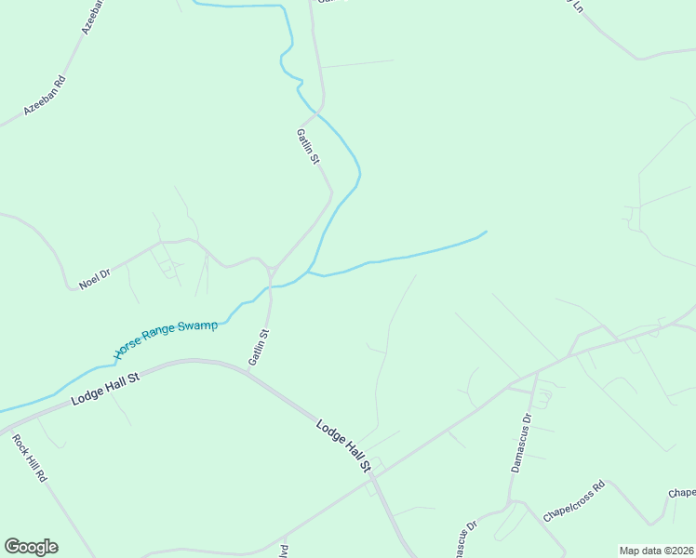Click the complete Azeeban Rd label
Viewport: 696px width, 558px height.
click(x=45, y=94)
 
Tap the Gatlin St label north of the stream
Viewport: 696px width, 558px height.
click(x=308, y=146)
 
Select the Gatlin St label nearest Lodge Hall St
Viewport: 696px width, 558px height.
click(x=258, y=346)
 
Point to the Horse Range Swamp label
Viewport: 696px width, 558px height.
click(x=166, y=339)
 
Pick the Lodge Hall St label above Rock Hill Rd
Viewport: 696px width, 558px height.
click(x=105, y=391)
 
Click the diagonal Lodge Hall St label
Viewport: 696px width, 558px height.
click(x=343, y=451)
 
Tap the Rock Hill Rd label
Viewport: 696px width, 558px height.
click(x=30, y=458)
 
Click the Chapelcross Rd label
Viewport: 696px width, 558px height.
click(x=574, y=501)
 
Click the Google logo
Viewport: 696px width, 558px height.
click(x=31, y=547)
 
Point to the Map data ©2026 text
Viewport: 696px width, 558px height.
click(x=657, y=551)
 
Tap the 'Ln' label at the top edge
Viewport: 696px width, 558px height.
click(x=578, y=6)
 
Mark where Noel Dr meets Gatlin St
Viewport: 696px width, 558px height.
click(x=269, y=270)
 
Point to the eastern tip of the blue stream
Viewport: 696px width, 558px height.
click(x=486, y=232)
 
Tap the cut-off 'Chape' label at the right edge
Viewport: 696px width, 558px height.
click(x=682, y=493)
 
